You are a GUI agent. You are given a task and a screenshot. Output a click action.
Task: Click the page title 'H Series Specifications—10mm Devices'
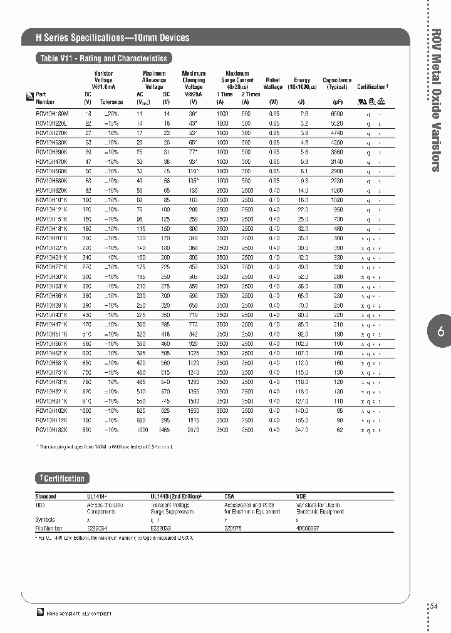(x=113, y=38)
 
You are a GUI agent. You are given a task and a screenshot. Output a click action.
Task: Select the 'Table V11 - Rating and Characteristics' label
(x=103, y=58)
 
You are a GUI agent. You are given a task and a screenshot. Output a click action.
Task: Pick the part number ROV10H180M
(x=52, y=113)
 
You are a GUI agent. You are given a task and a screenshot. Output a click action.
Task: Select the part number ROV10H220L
(x=52, y=123)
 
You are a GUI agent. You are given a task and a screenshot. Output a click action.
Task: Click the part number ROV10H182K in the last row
(x=52, y=430)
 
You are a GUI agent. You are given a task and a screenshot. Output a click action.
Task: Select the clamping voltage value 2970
(x=194, y=430)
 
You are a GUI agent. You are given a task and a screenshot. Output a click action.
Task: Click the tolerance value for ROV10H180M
(x=111, y=113)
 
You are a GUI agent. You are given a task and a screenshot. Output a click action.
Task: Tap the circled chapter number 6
(x=440, y=332)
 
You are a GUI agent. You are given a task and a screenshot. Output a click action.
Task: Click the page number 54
(x=435, y=606)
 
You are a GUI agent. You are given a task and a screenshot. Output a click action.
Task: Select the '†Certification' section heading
(x=62, y=479)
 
